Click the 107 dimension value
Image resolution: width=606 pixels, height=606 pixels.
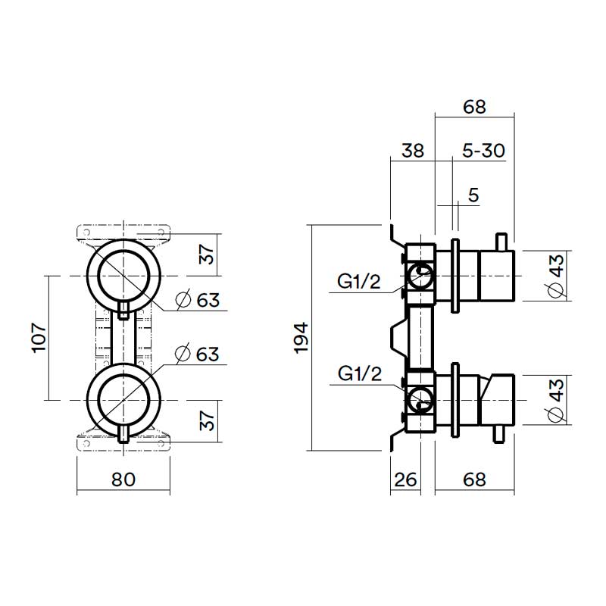tap(40, 337)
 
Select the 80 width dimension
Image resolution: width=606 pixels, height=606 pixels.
tap(123, 479)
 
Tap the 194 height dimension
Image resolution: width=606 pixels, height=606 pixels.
tap(301, 338)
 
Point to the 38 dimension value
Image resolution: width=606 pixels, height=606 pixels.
tap(413, 150)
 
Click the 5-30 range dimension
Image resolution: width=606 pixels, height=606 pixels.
tap(483, 150)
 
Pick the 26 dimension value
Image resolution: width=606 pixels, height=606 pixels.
tap(407, 479)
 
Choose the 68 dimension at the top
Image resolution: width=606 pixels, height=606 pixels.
tap(474, 106)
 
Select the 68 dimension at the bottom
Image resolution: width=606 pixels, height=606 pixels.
tap(474, 479)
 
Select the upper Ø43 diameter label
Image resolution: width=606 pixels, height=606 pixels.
tap(555, 276)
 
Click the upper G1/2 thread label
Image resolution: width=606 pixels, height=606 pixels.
tap(358, 282)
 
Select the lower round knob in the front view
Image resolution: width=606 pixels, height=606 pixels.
tap(123, 399)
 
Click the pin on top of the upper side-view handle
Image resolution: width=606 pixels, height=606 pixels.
tap(500, 242)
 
